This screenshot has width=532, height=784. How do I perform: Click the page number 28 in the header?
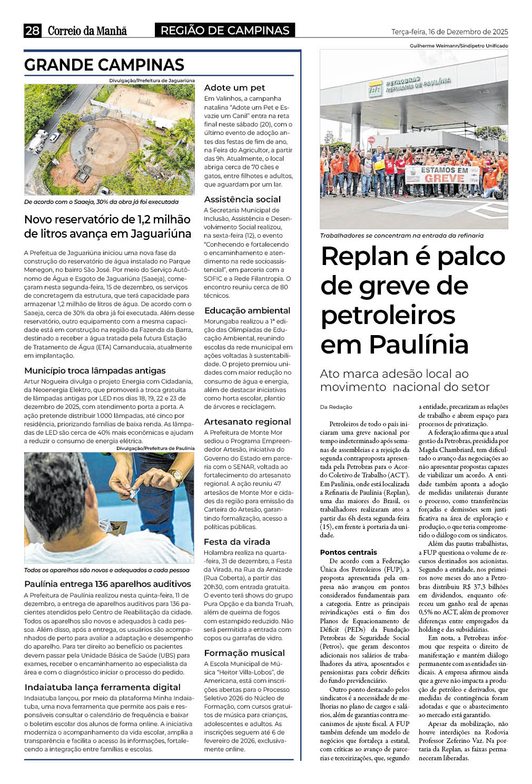click(x=32, y=31)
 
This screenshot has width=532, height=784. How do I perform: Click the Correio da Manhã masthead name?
click(x=87, y=31)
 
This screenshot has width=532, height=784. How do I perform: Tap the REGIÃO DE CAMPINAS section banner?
click(x=225, y=31)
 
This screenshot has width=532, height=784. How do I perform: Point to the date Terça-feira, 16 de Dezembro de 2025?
click(x=449, y=32)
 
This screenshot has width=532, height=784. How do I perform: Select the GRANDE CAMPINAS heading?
click(x=104, y=65)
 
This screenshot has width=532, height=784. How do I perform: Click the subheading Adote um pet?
click(x=234, y=88)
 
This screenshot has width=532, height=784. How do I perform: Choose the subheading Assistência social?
click(x=242, y=200)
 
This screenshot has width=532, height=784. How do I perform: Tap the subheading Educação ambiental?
click(x=247, y=311)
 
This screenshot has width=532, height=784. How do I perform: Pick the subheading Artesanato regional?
click(x=247, y=422)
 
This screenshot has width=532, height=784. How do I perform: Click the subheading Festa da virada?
click(x=237, y=542)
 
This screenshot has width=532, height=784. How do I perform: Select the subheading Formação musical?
click(x=244, y=653)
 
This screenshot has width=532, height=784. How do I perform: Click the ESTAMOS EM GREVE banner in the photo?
click(x=444, y=174)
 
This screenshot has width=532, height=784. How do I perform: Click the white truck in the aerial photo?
click(x=38, y=142)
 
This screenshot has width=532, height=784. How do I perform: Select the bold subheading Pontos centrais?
click(x=348, y=552)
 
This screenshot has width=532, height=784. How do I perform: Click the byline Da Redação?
click(x=336, y=407)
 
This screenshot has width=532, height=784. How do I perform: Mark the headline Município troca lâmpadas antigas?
click(x=95, y=371)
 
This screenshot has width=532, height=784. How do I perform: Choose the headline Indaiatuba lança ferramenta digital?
click(x=102, y=688)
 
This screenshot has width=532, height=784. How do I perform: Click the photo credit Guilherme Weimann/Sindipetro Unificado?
click(x=458, y=46)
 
